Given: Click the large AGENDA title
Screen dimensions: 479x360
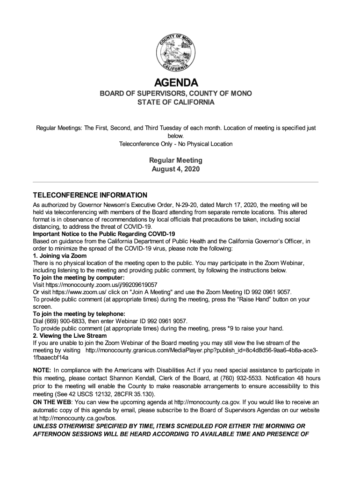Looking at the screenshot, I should tap(176, 83).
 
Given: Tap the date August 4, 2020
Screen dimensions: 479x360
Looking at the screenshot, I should tap(176, 169).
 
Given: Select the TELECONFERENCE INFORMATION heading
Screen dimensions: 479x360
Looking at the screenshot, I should tap(90, 195).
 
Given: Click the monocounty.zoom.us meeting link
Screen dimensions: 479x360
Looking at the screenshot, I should tap(101, 284).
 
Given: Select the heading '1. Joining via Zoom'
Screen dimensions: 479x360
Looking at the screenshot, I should tap(59, 255).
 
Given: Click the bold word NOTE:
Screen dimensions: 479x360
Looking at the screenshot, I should tap(42, 370).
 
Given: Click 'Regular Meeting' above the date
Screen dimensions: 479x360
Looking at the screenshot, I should tap(176, 160).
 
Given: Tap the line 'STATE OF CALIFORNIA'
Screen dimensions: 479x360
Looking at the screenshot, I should tap(176, 102).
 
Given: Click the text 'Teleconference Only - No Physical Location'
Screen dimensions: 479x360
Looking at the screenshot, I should tap(176, 144).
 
